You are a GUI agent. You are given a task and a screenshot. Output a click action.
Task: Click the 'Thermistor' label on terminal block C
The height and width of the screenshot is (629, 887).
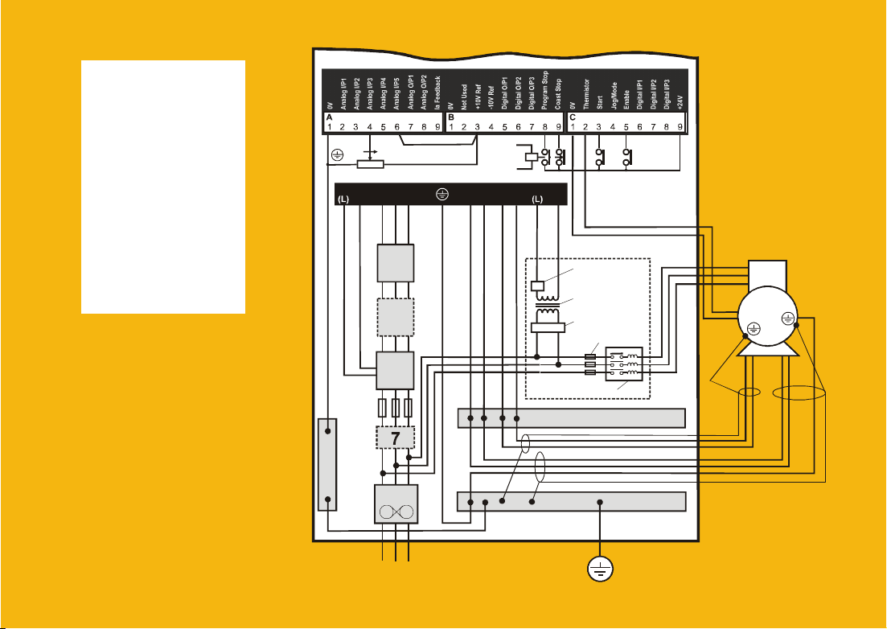tap(585, 93)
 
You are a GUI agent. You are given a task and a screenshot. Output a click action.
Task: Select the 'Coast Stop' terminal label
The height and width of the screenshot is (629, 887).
tap(559, 94)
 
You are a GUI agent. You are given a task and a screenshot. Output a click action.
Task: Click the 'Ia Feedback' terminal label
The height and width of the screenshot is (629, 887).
tap(437, 91)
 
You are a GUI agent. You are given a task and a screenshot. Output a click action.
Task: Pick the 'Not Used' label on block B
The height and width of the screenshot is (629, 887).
tap(464, 96)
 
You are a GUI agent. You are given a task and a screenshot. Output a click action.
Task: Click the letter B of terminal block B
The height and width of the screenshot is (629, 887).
tap(451, 117)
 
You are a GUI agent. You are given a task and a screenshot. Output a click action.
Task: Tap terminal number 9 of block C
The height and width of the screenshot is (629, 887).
tap(680, 126)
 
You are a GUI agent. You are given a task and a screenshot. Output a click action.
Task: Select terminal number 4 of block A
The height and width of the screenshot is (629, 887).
tap(369, 126)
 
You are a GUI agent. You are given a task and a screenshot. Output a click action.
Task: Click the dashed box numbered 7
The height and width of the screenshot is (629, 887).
tap(395, 438)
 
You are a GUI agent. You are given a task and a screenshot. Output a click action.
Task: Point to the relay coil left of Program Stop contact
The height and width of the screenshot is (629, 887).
tap(530, 156)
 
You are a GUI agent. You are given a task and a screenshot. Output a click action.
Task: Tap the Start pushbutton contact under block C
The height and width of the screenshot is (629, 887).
tap(599, 156)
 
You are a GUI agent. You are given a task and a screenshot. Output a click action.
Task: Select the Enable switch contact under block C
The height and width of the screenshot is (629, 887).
tap(627, 156)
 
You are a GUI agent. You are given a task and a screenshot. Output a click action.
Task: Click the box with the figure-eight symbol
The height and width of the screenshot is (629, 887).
tap(395, 512)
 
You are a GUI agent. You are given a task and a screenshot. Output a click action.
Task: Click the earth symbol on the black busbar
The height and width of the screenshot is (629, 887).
tap(440, 194)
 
